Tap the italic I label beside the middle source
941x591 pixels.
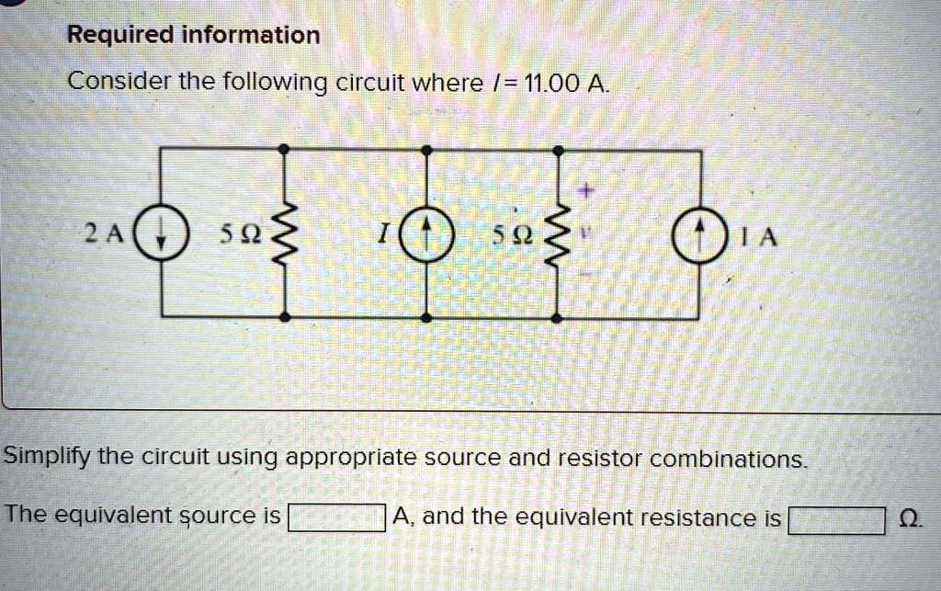click(x=380, y=235)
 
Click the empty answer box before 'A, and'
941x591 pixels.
click(x=336, y=519)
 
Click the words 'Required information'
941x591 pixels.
click(x=194, y=36)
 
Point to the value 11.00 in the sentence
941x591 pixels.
click(x=550, y=85)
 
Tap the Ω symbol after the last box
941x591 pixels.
click(x=909, y=519)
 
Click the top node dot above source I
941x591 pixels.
click(x=426, y=149)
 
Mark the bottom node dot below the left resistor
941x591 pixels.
click(x=285, y=317)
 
